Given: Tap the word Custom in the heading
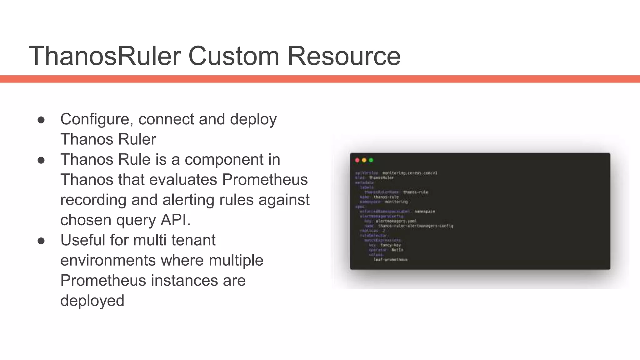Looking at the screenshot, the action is (233, 56).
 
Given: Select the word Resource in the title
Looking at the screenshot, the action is (344, 56).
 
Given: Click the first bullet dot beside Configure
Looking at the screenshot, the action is (41, 120).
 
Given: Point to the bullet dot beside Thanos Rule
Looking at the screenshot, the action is (41, 160).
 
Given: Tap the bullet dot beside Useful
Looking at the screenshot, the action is (41, 241).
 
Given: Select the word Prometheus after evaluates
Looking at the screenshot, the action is (265, 180).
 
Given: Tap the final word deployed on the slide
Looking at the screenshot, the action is (92, 301).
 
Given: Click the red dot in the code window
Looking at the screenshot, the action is (357, 160).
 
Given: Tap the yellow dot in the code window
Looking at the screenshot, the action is (364, 160).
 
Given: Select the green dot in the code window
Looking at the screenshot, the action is (371, 160).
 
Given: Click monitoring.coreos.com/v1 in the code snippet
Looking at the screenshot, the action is (410, 173).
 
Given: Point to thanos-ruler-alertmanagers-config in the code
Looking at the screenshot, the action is (415, 226).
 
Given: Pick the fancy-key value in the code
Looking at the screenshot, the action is (390, 245).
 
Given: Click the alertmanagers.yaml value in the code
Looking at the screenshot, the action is (396, 221).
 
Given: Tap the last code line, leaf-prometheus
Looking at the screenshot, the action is (390, 260).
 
